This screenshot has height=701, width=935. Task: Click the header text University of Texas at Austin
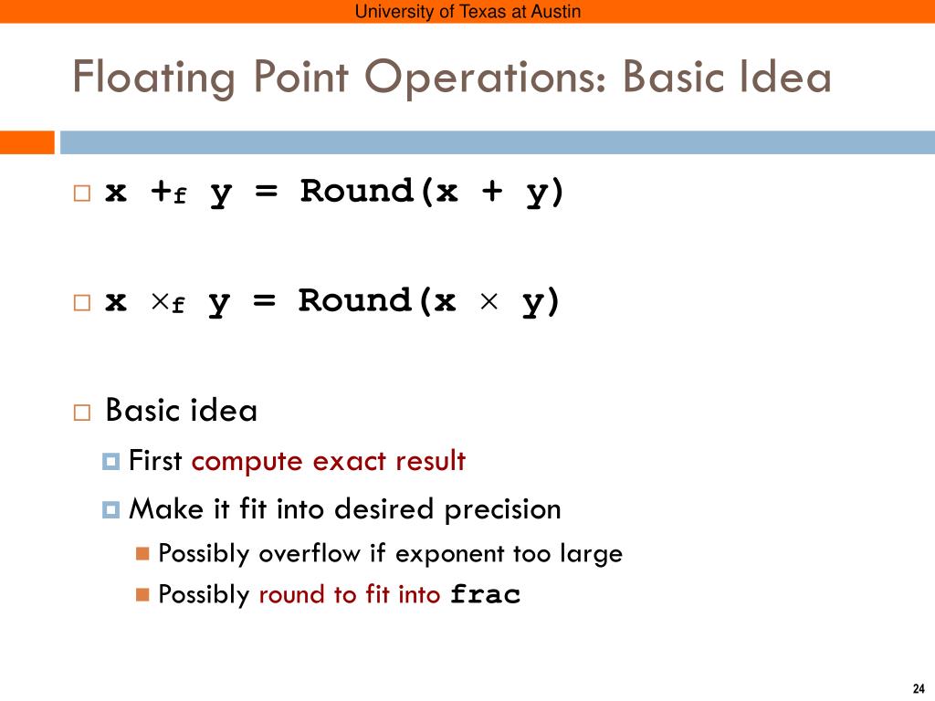point(467,11)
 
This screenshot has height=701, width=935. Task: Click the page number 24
point(919,687)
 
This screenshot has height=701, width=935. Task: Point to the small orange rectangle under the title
point(26,142)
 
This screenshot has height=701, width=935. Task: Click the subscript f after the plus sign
point(180,198)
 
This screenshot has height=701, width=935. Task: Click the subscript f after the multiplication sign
point(178,308)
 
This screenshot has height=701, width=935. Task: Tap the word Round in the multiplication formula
point(353,301)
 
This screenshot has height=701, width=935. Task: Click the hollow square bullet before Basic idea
point(82,413)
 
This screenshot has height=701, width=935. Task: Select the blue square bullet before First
point(111,462)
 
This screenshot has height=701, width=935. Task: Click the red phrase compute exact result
point(329,462)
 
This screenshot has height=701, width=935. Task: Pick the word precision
point(503,509)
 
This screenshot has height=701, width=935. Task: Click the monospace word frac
point(486,595)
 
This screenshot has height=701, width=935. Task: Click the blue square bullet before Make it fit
point(111,509)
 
